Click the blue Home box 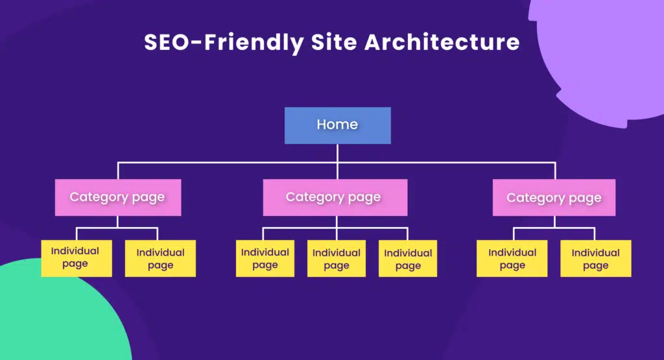(337, 125)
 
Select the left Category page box (117, 197)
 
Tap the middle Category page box (335, 197)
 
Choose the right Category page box (554, 197)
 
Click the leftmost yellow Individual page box (76, 258)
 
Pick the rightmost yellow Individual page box (595, 258)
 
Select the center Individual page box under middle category (337, 258)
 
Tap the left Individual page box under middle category (265, 258)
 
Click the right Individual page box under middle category (408, 258)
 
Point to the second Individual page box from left (160, 258)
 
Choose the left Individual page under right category (512, 258)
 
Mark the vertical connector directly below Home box (337, 153)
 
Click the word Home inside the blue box (337, 125)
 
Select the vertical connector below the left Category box (117, 221)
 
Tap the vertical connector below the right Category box (554, 221)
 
